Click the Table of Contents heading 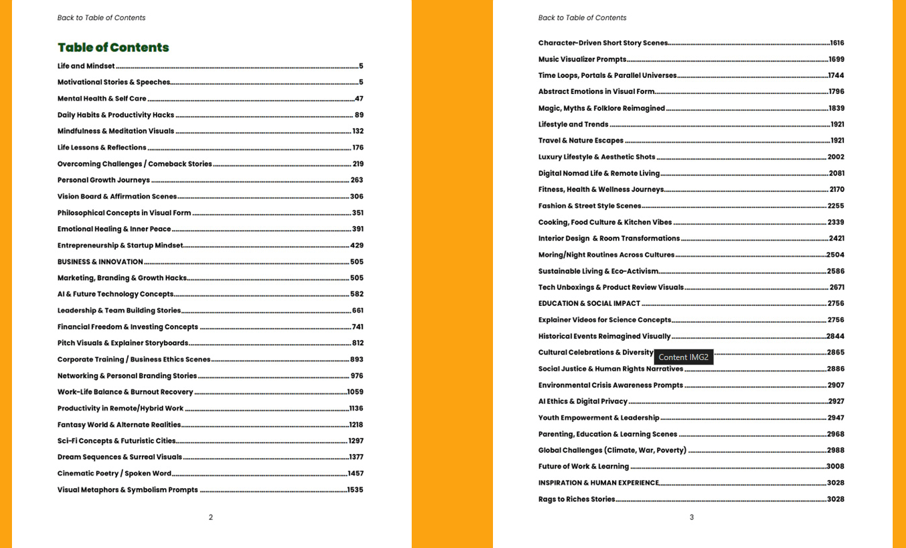pos(113,47)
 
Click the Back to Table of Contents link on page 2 pos(101,18)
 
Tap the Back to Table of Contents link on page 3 pos(582,18)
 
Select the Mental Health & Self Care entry pos(102,99)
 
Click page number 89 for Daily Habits pos(359,115)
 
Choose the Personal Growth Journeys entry pos(103,180)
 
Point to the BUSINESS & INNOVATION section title pos(100,262)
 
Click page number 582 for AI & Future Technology pos(357,294)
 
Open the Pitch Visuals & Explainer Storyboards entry pos(123,343)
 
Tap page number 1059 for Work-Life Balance pos(355,392)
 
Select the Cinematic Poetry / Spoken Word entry pos(114,473)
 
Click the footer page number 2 pos(211,517)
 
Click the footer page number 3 pos(691,517)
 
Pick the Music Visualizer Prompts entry pos(582,59)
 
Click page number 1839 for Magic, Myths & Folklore pos(836,108)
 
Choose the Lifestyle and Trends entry pos(573,125)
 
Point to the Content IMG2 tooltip pos(683,357)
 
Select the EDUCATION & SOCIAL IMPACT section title pos(589,303)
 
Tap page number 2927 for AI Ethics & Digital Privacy pos(836,401)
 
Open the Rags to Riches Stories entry pos(576,499)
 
